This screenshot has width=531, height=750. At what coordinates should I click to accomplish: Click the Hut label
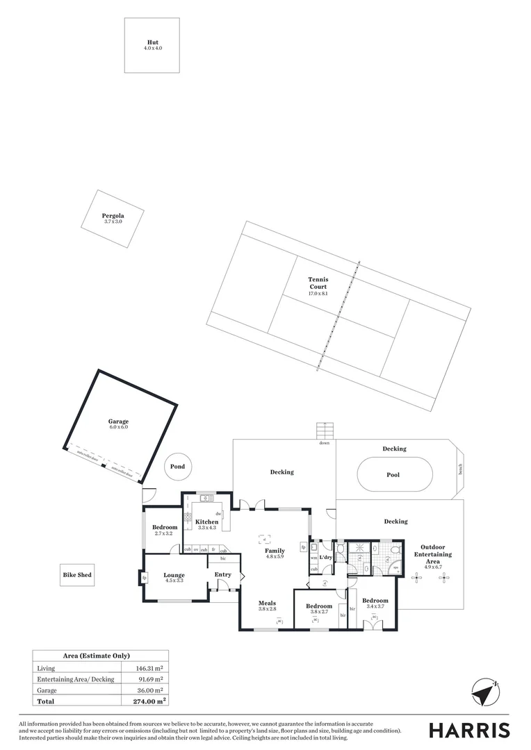pyautogui.click(x=152, y=43)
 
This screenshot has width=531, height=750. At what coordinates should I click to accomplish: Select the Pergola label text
pyautogui.click(x=113, y=215)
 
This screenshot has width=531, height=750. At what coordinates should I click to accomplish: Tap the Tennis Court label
pyautogui.click(x=318, y=283)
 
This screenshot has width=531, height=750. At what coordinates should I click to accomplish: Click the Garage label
pyautogui.click(x=118, y=422)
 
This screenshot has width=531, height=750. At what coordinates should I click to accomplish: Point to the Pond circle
pyautogui.click(x=178, y=467)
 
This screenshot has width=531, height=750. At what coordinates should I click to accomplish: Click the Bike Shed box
pyautogui.click(x=76, y=575)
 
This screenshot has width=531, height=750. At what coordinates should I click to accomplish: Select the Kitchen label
pyautogui.click(x=206, y=522)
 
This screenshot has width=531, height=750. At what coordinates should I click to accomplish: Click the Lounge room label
pyautogui.click(x=174, y=575)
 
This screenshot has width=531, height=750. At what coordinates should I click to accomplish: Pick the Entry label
pyautogui.click(x=222, y=574)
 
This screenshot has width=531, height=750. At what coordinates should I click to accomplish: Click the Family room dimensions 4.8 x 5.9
pyautogui.click(x=275, y=556)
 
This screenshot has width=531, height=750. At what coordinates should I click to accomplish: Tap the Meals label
pyautogui.click(x=268, y=603)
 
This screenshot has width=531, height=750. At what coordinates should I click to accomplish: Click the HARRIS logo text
pyautogui.click(x=468, y=730)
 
